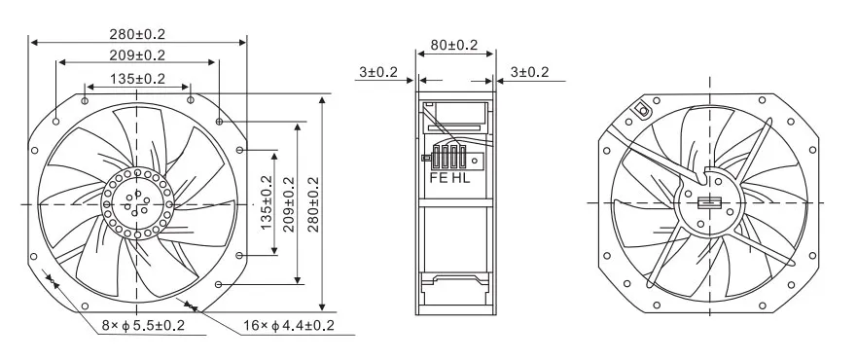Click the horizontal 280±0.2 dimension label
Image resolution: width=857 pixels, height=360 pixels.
point(136,34)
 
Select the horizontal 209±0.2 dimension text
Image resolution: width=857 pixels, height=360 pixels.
point(136,55)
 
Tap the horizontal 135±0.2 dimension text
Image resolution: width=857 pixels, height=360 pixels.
point(137,79)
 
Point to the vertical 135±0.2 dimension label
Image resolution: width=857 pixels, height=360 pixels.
point(267,202)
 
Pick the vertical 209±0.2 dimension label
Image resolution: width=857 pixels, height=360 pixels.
point(289,204)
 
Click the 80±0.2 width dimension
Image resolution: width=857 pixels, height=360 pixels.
point(453,45)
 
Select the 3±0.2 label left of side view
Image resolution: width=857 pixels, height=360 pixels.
point(378,72)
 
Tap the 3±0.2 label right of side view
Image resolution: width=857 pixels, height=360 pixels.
point(529,72)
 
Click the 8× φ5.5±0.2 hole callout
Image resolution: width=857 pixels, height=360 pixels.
point(143,326)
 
